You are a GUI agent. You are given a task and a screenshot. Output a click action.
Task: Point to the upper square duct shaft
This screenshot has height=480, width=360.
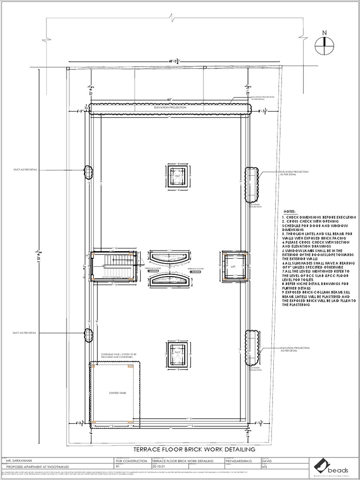tap(178, 176)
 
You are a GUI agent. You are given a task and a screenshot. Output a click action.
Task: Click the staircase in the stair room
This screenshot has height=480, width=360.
tap(112, 266)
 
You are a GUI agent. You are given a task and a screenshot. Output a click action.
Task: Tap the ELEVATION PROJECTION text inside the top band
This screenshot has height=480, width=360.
tap(167, 108)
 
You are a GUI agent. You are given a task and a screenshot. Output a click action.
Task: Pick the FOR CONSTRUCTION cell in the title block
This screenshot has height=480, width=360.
tap(131, 461)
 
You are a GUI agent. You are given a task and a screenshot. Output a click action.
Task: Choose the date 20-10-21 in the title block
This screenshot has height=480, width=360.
tap(159, 467)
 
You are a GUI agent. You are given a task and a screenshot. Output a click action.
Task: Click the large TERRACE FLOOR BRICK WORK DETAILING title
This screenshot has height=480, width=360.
tap(195, 449)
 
